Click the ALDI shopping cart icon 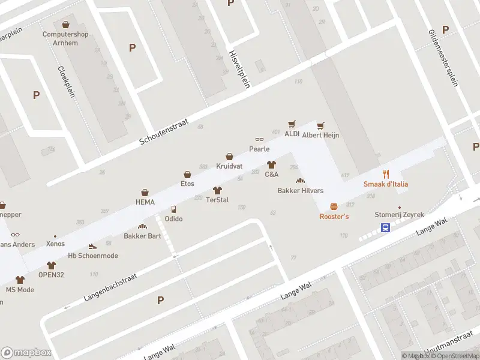[292, 124]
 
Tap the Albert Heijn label [320, 135]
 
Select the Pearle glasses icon [259, 140]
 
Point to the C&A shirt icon [271, 164]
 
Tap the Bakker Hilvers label [300, 191]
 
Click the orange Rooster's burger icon [334, 206]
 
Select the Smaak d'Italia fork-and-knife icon [386, 175]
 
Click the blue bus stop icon [385, 228]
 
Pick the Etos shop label [188, 184]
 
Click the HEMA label [145, 202]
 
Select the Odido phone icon [173, 209]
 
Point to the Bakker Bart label [142, 236]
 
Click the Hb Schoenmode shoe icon [92, 246]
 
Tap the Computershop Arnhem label [65, 38]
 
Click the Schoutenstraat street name [164, 131]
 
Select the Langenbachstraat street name [110, 289]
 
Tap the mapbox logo [26, 353]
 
